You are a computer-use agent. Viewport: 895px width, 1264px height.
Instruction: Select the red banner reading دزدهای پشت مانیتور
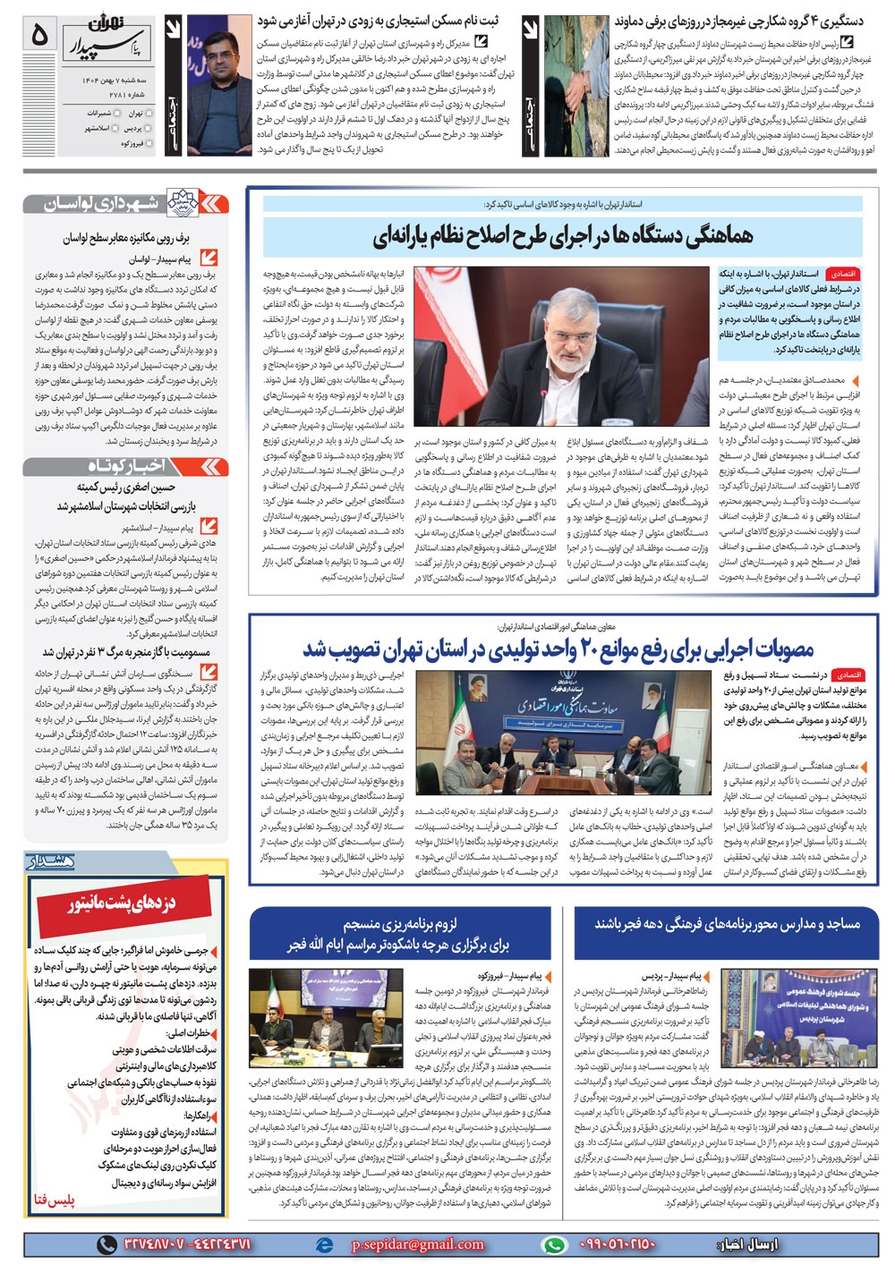(124, 904)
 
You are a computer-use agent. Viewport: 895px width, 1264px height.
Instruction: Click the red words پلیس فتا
(53, 1200)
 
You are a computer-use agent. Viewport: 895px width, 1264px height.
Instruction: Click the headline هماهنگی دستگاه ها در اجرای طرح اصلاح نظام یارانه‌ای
(562, 236)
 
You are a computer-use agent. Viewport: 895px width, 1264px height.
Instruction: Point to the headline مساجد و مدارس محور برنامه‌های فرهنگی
(727, 923)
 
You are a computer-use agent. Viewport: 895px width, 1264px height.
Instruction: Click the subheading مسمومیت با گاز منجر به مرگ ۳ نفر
(125, 652)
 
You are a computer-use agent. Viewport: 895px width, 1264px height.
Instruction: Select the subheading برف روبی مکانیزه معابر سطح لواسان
(126, 238)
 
